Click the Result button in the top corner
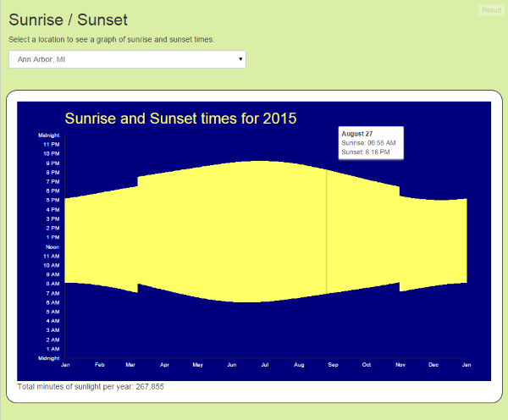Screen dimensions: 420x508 click(490, 10)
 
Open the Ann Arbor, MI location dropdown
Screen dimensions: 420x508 click(127, 59)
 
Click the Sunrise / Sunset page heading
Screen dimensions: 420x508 click(68, 19)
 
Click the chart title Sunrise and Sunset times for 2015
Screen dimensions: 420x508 click(180, 118)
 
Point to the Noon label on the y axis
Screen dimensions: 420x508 click(52, 246)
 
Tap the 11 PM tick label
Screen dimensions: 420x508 click(51, 144)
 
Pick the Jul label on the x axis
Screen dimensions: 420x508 click(265, 364)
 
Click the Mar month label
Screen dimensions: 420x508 click(131, 364)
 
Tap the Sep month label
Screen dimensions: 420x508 click(333, 364)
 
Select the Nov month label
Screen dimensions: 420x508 click(400, 364)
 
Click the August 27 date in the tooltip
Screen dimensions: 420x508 click(356, 134)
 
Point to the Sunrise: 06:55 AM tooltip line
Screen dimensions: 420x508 click(368, 143)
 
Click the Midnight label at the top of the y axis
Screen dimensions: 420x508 click(49, 135)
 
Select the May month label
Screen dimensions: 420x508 click(197, 364)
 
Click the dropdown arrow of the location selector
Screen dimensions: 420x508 click(240, 59)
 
